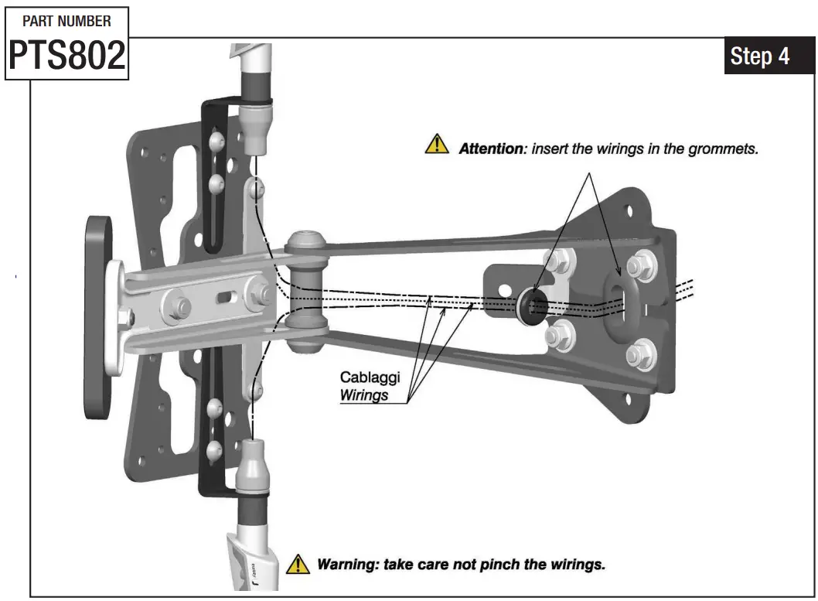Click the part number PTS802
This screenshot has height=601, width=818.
pyautogui.click(x=67, y=55)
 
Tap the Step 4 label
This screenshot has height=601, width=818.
pyautogui.click(x=759, y=56)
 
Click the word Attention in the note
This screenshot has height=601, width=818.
pyautogui.click(x=491, y=148)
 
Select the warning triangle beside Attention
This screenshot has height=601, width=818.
pyautogui.click(x=437, y=145)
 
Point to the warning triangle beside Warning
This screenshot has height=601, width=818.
pyautogui.click(x=298, y=564)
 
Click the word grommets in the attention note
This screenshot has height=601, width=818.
pyautogui.click(x=723, y=148)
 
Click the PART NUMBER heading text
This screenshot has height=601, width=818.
pyautogui.click(x=66, y=20)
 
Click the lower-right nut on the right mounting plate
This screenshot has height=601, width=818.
pyautogui.click(x=641, y=355)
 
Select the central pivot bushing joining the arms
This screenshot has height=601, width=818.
pyautogui.click(x=304, y=292)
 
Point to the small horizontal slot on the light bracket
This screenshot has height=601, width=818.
pyautogui.click(x=227, y=296)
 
